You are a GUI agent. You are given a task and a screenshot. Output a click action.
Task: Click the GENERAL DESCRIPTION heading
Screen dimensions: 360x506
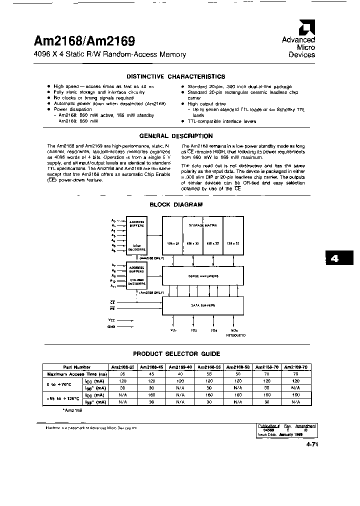[x=175, y=136]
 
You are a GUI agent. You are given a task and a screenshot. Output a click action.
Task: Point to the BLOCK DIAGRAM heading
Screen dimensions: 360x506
[x=176, y=204]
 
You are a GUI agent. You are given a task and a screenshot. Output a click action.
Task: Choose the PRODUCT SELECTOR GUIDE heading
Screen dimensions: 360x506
[x=176, y=354]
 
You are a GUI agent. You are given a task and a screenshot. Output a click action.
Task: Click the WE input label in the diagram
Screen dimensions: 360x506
[x=112, y=309]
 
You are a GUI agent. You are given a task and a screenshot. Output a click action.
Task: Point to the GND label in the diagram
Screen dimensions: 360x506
[x=111, y=326]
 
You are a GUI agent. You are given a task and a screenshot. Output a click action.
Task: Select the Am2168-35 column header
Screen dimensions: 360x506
[x=121, y=367]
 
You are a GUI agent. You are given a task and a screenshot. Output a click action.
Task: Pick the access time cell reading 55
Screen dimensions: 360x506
[x=210, y=373]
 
